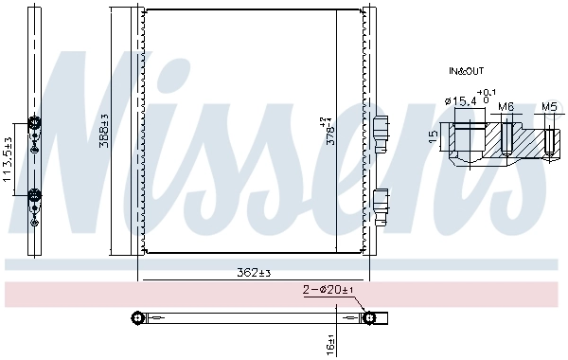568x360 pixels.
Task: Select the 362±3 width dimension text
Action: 253,273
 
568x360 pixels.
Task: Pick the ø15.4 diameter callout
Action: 461,100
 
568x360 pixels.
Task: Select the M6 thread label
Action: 506,108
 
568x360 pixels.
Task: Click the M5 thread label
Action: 549,108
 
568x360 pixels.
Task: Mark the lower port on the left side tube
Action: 35,195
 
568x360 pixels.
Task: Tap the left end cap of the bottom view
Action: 138,317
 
